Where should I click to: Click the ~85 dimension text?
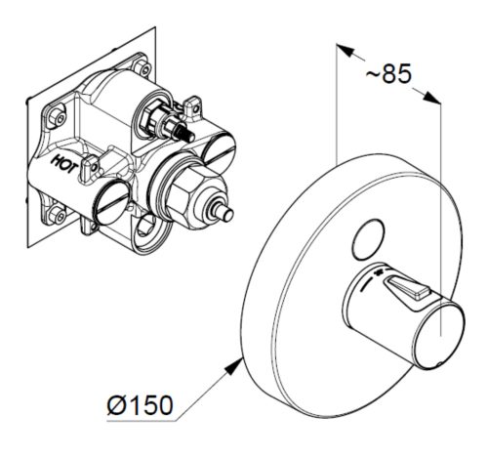coord(388,73)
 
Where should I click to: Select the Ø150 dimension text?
coord(140,405)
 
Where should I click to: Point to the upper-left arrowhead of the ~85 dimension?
coord(345,51)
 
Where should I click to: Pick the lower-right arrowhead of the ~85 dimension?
coord(432,98)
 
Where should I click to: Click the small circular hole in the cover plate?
coord(368,239)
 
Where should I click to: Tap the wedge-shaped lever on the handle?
coord(406,287)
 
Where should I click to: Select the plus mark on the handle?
coord(379,272)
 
